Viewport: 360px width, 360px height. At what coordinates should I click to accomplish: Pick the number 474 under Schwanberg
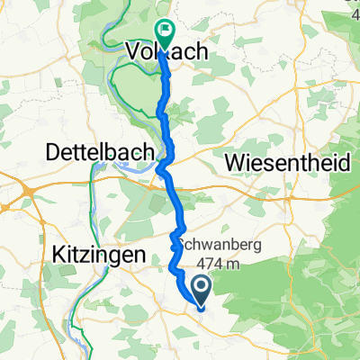coord(204,262)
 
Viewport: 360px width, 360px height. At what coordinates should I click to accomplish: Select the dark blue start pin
coord(199,292)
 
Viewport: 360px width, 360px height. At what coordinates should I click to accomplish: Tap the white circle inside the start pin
coord(199,288)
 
